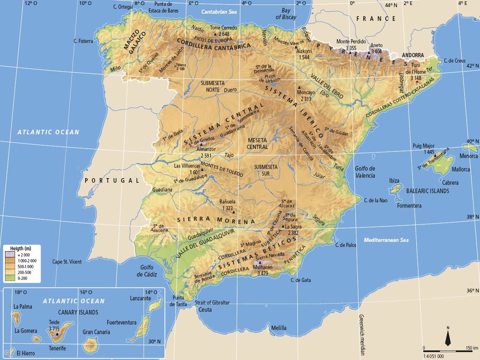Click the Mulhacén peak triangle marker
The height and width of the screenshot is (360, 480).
point(259,262)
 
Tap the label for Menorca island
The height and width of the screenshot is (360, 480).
point(468,156)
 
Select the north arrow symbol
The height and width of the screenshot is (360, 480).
point(448,337)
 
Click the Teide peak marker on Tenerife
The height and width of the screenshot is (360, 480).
point(57,334)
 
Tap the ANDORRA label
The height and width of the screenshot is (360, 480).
point(413,55)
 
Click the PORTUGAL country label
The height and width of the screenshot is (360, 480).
point(111,181)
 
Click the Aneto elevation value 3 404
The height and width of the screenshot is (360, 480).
point(376,51)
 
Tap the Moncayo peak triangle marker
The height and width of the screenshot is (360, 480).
point(299,87)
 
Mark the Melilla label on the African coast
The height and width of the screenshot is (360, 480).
point(279,328)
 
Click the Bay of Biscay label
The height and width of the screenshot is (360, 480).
point(286,14)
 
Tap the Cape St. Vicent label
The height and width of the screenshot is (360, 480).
point(67,262)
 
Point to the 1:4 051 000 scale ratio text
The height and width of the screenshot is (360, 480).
point(434,356)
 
